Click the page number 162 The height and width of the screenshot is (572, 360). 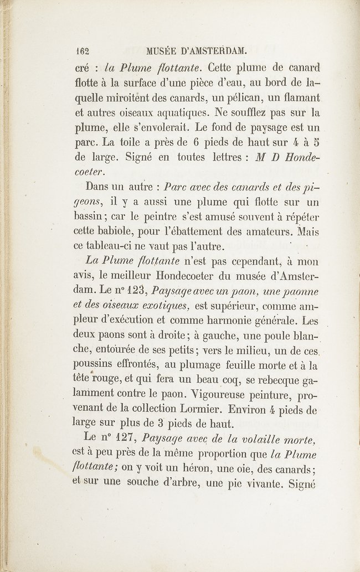[83, 53]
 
